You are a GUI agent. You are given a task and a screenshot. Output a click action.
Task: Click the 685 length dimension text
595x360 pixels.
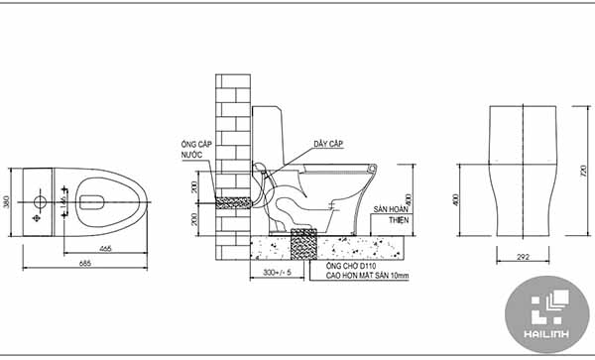point(86,263)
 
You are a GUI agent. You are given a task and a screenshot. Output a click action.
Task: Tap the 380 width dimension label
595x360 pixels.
point(9,201)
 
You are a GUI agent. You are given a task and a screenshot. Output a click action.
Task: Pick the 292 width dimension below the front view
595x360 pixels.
point(522,258)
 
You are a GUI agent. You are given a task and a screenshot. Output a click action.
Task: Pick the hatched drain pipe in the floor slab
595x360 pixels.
point(301,241)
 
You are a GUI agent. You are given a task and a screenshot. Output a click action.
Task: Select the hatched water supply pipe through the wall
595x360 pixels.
point(234,201)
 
